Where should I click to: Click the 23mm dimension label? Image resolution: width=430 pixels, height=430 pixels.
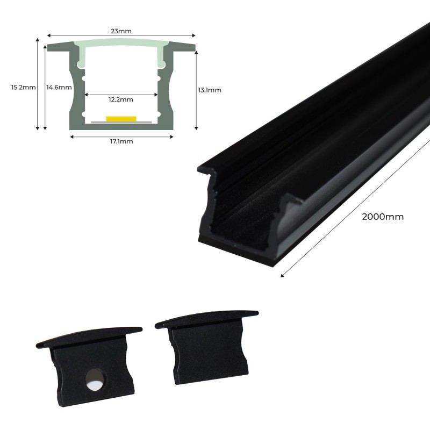point(121,31)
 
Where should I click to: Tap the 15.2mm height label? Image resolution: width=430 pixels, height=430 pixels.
point(23,87)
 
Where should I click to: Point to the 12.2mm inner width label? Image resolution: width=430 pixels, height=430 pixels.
point(121,99)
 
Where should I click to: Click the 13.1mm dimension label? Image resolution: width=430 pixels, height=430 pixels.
point(210,90)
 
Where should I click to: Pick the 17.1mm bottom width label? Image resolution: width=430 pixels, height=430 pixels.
point(121,141)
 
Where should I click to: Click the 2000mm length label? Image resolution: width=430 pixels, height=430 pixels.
point(383,217)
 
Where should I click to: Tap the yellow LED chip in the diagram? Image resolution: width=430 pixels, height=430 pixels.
point(121,118)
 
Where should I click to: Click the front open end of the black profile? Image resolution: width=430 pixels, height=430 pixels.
point(242,215)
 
